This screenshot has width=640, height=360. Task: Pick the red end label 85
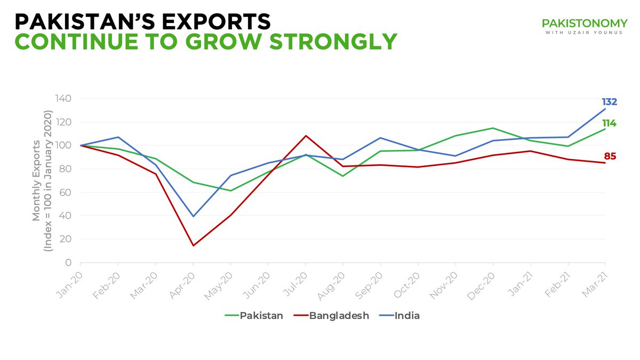pyautogui.click(x=610, y=157)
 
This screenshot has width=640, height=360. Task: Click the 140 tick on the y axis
pyautogui.click(x=65, y=99)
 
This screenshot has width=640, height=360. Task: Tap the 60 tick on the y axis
pyautogui.click(x=67, y=193)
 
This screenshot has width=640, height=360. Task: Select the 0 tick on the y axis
pyautogui.click(x=69, y=262)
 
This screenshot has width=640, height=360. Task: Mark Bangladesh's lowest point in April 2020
pyautogui.click(x=193, y=245)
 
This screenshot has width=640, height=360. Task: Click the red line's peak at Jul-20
pyautogui.click(x=305, y=135)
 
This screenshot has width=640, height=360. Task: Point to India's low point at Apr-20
pyautogui.click(x=193, y=216)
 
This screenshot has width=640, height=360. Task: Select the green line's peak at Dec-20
pyautogui.click(x=493, y=128)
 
